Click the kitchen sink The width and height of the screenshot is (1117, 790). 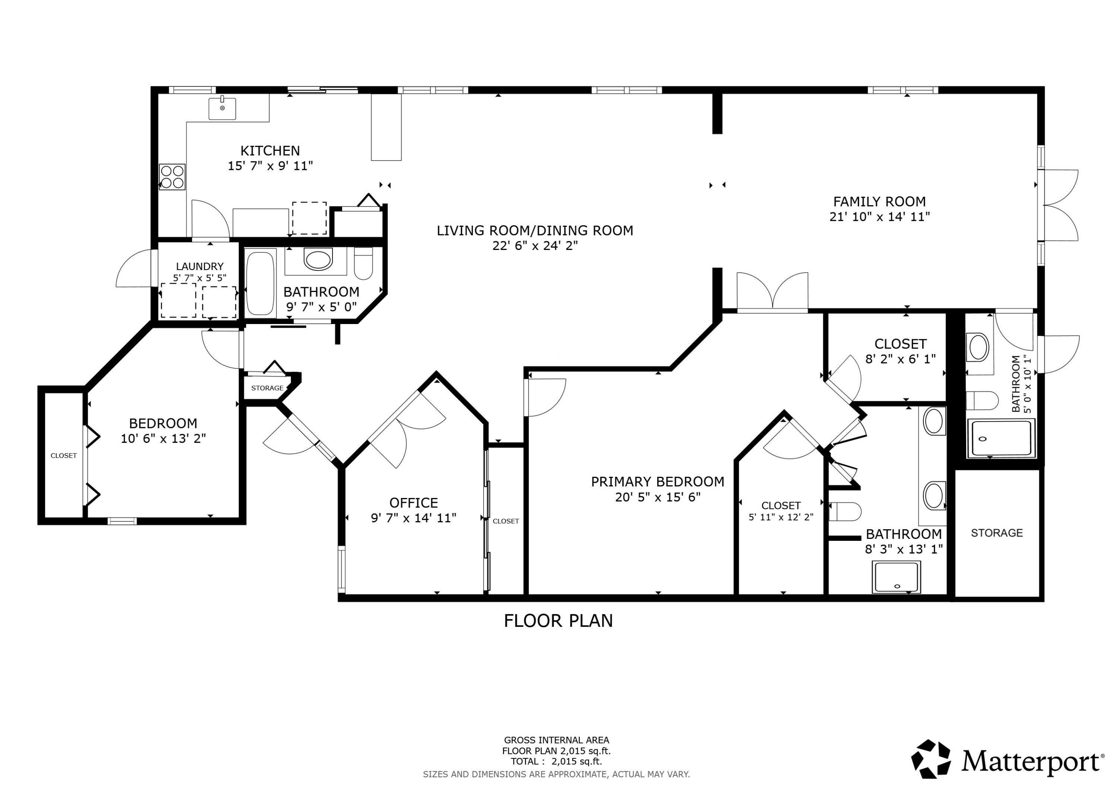coord(222,108)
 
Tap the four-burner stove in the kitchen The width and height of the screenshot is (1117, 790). coord(172,177)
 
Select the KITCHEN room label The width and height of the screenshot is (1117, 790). coord(270,150)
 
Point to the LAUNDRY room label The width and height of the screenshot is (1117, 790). coord(200,266)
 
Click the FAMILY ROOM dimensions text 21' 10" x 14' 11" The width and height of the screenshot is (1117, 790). coord(879,217)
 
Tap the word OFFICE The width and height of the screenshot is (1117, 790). coord(414,502)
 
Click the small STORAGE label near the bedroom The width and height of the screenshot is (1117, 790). coord(267,388)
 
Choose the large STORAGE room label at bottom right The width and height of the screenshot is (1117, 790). coord(997,533)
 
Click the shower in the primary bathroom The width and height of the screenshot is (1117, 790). coord(896,577)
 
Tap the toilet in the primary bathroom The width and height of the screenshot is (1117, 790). coord(845,511)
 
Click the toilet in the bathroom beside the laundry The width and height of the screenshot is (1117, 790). coord(363,263)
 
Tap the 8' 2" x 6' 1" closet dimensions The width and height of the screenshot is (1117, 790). coord(901,359)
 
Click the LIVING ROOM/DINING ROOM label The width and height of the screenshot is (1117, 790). coord(535,230)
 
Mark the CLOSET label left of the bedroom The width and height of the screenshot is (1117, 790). coord(64,456)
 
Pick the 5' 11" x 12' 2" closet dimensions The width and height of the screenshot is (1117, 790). coord(781,517)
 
